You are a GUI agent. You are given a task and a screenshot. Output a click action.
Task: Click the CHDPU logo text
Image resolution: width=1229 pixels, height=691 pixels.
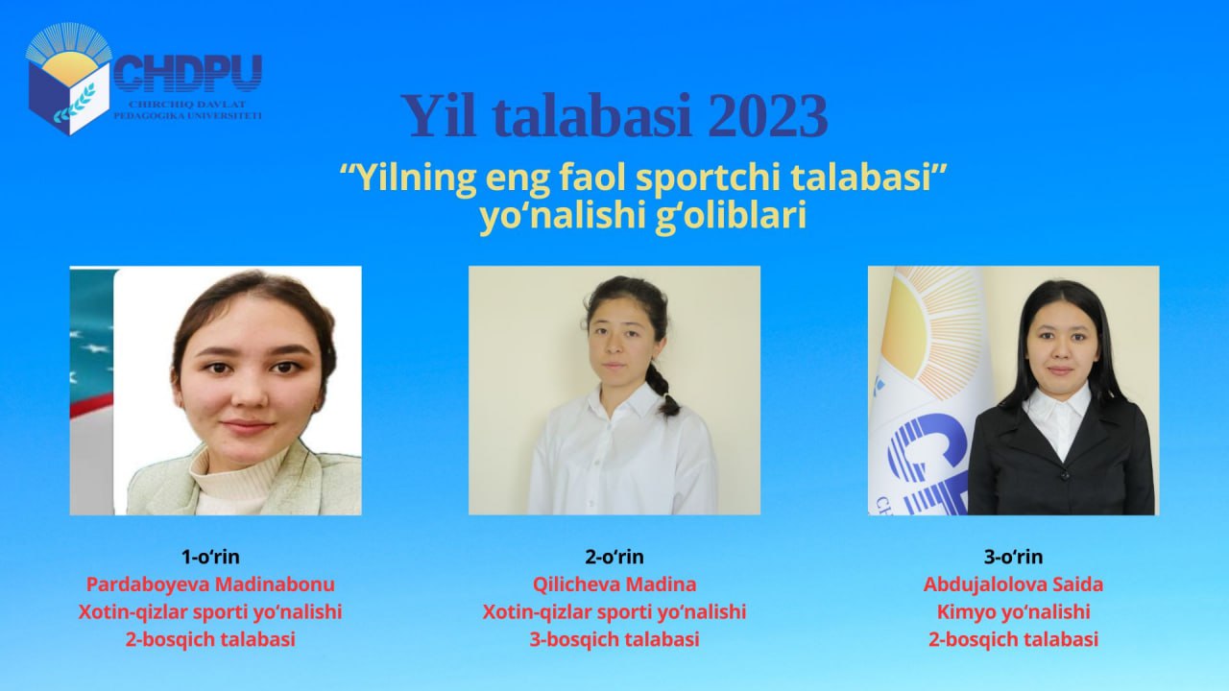(x=187, y=74)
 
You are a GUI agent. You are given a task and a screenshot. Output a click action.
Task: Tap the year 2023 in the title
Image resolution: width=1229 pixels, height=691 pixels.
(x=767, y=116)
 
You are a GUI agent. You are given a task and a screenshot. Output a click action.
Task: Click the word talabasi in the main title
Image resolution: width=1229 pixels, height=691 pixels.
(x=592, y=116)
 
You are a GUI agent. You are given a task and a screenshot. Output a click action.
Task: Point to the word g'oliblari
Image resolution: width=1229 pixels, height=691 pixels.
(x=731, y=216)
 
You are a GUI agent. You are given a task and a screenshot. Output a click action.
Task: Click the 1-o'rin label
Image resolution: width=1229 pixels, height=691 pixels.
(x=210, y=557)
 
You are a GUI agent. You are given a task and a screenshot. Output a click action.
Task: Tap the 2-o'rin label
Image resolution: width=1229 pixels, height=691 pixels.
(x=614, y=557)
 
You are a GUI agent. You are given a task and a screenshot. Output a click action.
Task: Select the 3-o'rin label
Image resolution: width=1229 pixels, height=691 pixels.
(x=1013, y=557)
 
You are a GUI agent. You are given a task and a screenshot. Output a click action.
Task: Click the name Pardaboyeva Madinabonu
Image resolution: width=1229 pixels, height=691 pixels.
(x=210, y=584)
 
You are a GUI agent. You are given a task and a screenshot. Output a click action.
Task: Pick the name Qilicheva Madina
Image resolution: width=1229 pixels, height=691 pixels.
(x=614, y=584)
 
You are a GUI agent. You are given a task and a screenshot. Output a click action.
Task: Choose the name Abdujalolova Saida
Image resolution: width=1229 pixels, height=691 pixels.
(x=1013, y=584)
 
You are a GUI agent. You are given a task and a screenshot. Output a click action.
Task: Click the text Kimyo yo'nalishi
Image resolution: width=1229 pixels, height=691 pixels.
(x=1013, y=612)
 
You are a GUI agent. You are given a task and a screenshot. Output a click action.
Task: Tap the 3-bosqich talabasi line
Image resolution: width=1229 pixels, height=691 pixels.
(x=614, y=639)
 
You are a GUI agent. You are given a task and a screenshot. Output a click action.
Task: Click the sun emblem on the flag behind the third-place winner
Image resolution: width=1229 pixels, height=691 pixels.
(x=928, y=329)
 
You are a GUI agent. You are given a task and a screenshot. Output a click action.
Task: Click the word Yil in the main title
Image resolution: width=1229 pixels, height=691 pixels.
(x=439, y=116)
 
